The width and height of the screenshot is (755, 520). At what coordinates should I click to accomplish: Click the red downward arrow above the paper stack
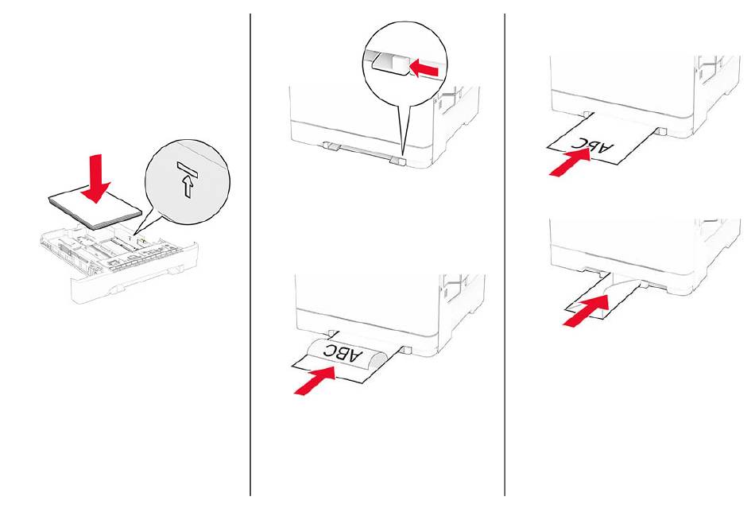point(95,178)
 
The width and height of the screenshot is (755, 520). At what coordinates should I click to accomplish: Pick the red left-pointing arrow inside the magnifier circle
point(424,68)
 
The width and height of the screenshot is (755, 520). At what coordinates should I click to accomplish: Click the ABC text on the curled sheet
point(343,353)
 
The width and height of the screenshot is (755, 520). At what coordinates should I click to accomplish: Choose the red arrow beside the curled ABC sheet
point(315,380)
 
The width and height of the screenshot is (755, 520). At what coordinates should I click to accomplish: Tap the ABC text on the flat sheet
point(594,144)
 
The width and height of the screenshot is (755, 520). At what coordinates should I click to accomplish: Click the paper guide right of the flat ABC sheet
point(660,131)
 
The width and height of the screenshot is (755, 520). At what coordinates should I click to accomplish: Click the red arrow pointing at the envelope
point(584,312)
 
